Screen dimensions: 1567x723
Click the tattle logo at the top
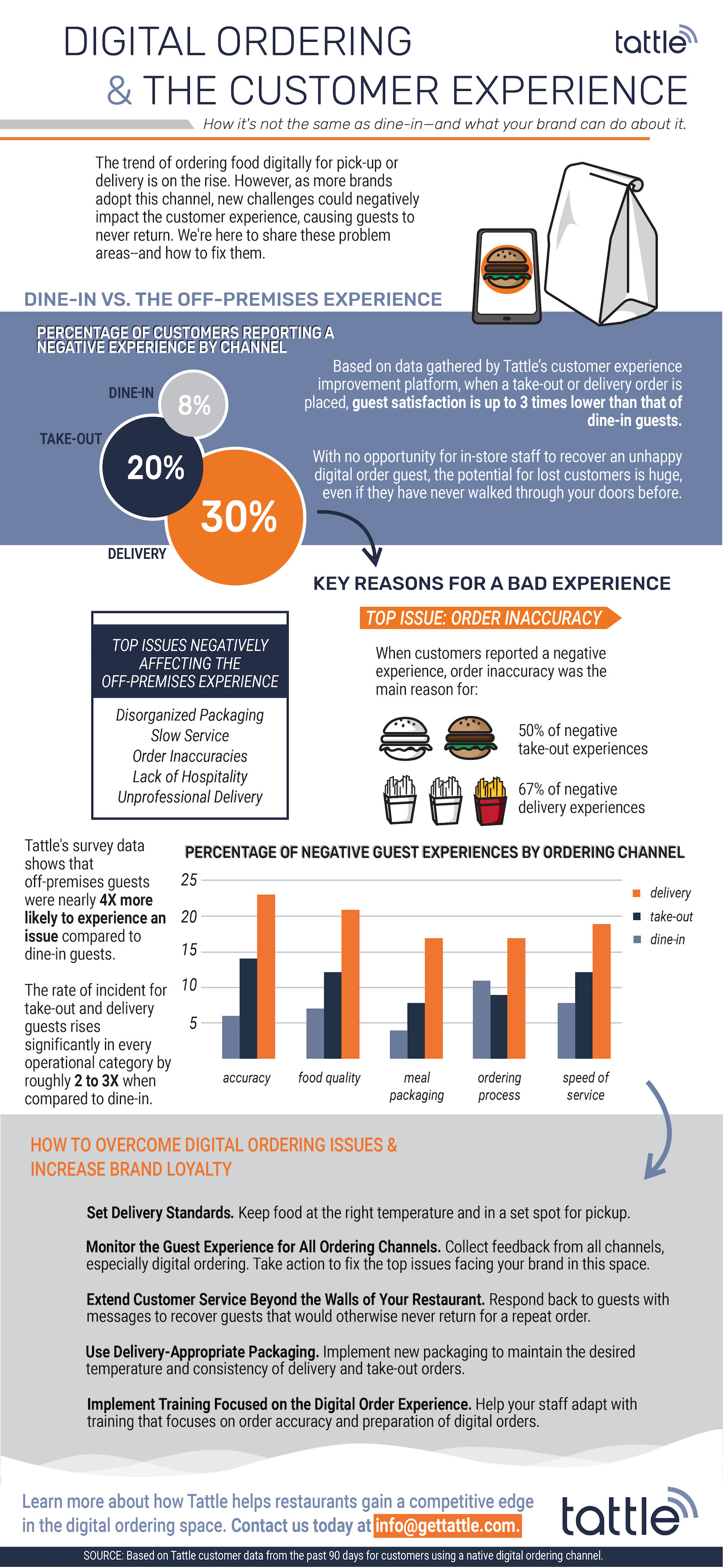pyautogui.click(x=654, y=41)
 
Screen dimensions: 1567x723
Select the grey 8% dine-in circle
pyautogui.click(x=194, y=405)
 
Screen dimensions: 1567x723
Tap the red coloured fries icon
pyautogui.click(x=490, y=801)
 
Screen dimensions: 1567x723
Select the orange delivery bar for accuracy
pyautogui.click(x=266, y=976)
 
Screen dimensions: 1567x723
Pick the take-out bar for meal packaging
pyautogui.click(x=415, y=1030)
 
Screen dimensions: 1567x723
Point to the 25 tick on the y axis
pyautogui.click(x=189, y=879)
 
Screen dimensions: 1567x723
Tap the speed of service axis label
pyautogui.click(x=585, y=1086)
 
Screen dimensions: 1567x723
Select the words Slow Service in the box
pyautogui.click(x=190, y=735)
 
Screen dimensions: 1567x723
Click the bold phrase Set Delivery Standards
pyautogui.click(x=160, y=1212)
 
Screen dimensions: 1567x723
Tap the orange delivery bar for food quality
pyautogui.click(x=350, y=984)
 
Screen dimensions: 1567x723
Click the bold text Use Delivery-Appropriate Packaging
pyautogui.click(x=202, y=1351)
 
